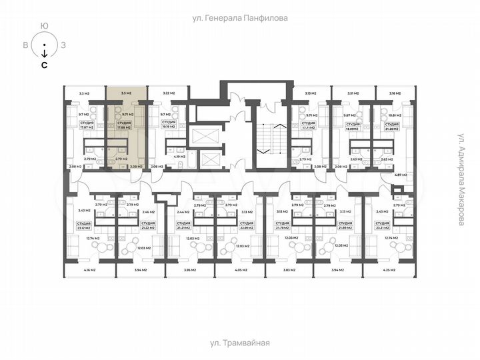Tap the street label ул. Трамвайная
[x=239, y=343]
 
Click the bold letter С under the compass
[x=44, y=65]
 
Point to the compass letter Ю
[x=44, y=26]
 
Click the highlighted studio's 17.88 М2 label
[x=125, y=125]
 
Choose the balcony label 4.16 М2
[x=89, y=271]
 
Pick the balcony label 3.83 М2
[x=289, y=271]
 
